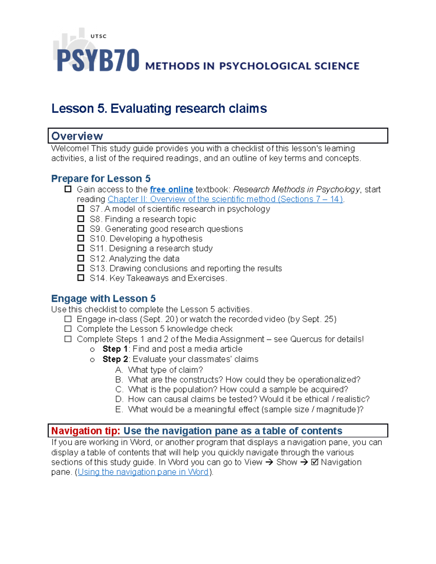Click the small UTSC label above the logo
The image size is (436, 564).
click(x=98, y=36)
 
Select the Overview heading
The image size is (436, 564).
click(x=77, y=136)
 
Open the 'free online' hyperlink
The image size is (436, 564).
click(x=171, y=190)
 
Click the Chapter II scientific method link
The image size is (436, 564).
click(x=225, y=199)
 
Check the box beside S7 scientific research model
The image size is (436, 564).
click(x=81, y=209)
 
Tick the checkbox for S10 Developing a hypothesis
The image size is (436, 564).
click(x=81, y=239)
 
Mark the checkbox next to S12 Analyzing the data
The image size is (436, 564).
click(x=81, y=258)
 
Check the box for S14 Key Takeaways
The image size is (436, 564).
click(x=81, y=278)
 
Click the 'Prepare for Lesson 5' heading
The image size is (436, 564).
click(x=101, y=179)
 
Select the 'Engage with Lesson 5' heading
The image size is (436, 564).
click(x=103, y=299)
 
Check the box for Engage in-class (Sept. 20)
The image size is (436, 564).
click(x=68, y=319)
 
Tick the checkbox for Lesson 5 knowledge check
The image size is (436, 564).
click(x=68, y=329)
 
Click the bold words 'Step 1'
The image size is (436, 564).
click(x=115, y=349)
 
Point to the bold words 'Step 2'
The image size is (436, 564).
click(x=115, y=359)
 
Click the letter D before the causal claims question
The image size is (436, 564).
click(x=119, y=399)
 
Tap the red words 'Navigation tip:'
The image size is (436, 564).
click(x=85, y=431)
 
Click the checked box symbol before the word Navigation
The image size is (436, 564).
click(x=315, y=462)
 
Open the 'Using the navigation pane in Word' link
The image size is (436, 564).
click(x=143, y=472)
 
